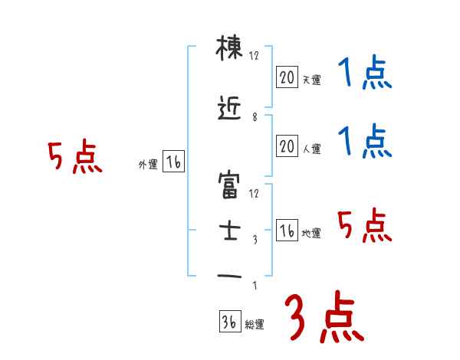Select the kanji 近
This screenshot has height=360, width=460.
point(229,112)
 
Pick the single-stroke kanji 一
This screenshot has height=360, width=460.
point(229,276)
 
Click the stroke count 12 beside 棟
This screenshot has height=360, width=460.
point(255,55)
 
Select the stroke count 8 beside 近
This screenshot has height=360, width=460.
point(254,117)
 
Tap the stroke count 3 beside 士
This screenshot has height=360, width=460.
point(254,240)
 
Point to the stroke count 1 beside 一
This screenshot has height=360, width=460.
point(254,287)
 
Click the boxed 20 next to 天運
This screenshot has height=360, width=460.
point(287,77)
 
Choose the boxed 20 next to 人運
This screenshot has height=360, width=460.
point(287,146)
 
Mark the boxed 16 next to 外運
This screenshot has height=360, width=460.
point(172,162)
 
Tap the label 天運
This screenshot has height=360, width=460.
point(311,80)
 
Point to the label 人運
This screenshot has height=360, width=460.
point(311,149)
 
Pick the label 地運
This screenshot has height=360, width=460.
point(311,234)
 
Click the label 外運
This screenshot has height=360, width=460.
point(147,165)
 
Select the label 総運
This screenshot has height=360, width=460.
point(255,325)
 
